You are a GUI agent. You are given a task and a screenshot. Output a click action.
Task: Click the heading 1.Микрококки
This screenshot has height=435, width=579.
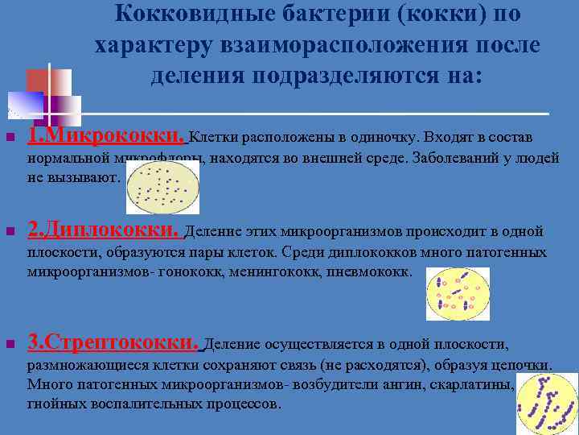point(107,134)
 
